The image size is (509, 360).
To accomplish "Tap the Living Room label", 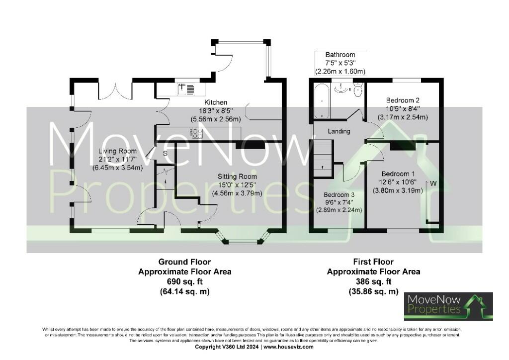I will [117, 151].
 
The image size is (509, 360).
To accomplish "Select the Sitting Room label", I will [237, 177].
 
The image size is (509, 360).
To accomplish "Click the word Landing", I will [339, 131].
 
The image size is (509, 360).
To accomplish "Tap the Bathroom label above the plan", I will [340, 55].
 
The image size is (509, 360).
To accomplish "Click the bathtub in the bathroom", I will [321, 101].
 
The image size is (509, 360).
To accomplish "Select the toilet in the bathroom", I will [357, 90].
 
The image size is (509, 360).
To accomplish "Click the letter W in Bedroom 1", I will [433, 183].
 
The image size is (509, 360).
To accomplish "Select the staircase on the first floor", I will [323, 158].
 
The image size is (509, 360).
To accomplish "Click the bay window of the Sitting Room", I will [243, 241].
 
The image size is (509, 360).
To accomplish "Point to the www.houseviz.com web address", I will [288, 347].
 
